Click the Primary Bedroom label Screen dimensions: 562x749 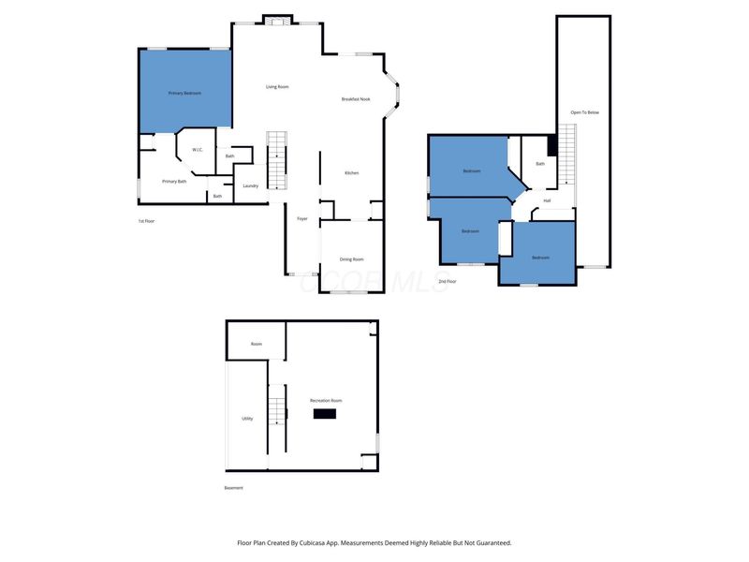click(x=184, y=94)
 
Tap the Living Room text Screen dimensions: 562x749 click(x=277, y=87)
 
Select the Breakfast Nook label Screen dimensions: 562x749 click(x=356, y=99)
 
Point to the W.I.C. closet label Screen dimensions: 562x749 click(x=198, y=150)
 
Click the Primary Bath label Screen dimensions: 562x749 click(x=174, y=181)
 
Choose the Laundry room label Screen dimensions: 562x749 click(x=250, y=185)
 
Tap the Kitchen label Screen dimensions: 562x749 click(x=351, y=173)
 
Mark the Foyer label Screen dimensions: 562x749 click(x=302, y=218)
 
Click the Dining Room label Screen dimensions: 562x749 click(x=351, y=259)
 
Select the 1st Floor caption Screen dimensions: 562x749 click(x=146, y=221)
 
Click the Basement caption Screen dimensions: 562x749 click(x=234, y=488)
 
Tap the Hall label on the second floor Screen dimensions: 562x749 click(x=547, y=200)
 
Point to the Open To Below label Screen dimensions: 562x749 click(x=584, y=112)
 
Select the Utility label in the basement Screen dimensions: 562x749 click(x=247, y=419)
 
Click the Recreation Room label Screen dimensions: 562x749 click(x=327, y=400)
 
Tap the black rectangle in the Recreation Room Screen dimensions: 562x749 click(x=325, y=413)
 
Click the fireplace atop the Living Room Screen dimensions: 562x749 click(x=276, y=21)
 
